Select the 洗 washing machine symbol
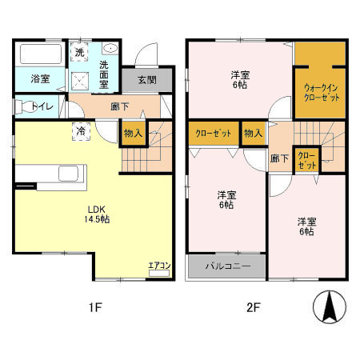79,52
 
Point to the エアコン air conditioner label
158,266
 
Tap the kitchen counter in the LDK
52,174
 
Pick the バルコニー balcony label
226,266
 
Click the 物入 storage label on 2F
252,133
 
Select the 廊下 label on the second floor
278,158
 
